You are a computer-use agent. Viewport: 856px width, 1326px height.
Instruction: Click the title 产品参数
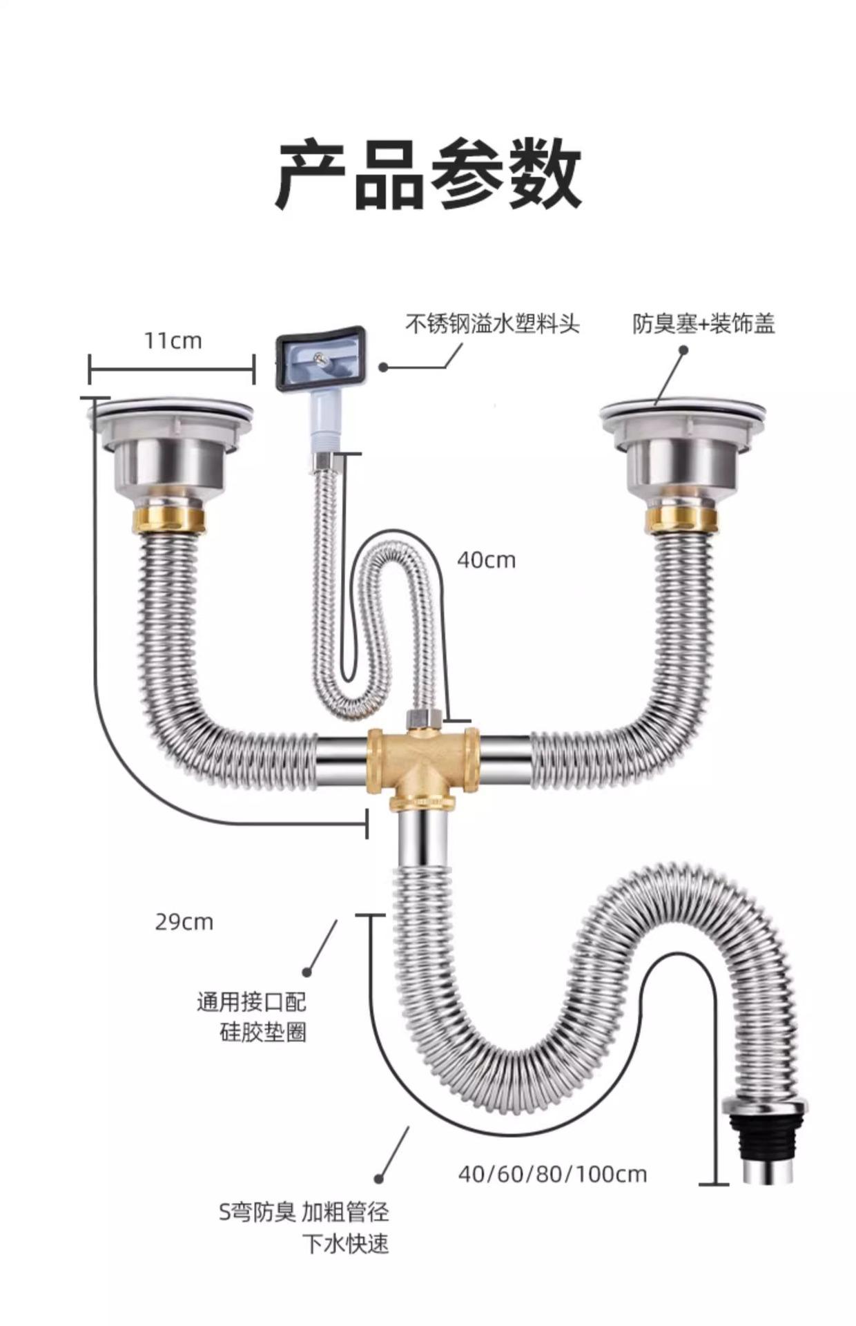point(428,174)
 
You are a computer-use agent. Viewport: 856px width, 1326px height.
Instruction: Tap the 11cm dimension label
point(173,340)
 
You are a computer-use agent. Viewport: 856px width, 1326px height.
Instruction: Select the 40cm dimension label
point(486,559)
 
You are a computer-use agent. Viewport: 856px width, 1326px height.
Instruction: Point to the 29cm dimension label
point(184,921)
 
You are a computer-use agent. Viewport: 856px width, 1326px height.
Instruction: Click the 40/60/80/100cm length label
point(552,1174)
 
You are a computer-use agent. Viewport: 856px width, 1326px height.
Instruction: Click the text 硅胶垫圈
point(263,1032)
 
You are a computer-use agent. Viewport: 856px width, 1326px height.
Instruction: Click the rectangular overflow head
point(320,361)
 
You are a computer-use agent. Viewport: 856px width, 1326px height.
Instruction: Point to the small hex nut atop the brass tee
point(422,718)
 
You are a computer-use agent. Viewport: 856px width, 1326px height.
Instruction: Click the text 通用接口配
point(251,1001)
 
